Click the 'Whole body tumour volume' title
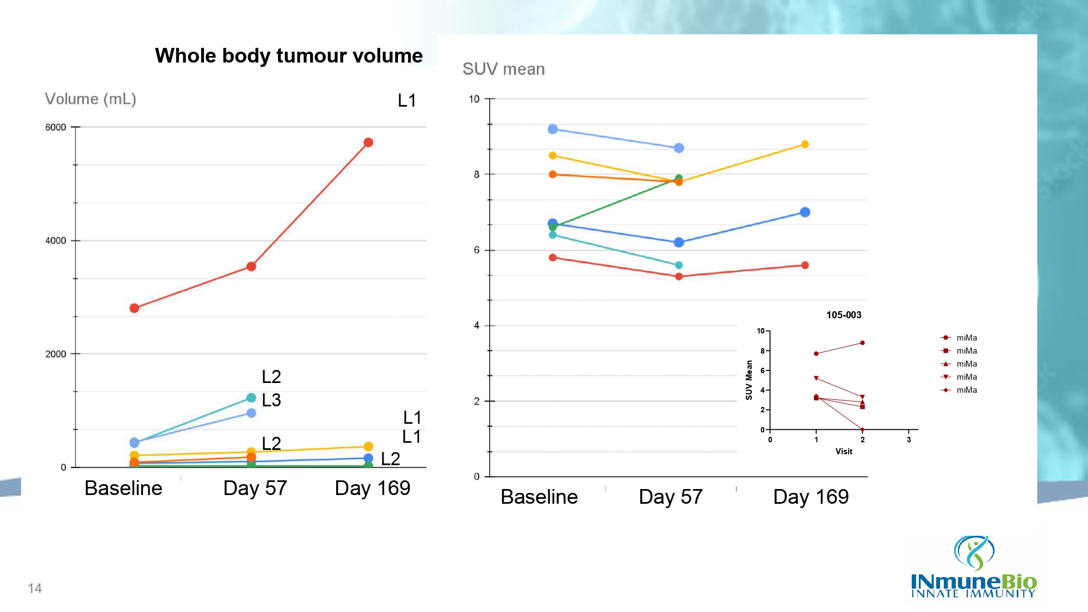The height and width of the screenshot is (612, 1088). click(288, 55)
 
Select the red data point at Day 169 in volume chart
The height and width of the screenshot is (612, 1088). click(368, 143)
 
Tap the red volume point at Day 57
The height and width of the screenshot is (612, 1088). click(251, 267)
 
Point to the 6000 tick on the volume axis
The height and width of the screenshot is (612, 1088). click(55, 127)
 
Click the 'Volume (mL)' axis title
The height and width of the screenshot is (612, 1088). click(90, 99)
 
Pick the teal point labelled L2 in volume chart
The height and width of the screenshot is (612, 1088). click(251, 398)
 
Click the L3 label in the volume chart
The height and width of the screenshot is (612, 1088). click(271, 400)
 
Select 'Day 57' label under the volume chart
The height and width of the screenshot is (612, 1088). click(255, 488)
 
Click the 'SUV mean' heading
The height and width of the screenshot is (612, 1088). click(503, 69)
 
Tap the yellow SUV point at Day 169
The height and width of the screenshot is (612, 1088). click(805, 144)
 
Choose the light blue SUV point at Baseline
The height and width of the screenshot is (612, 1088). click(553, 129)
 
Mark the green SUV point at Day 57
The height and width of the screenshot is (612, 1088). click(679, 178)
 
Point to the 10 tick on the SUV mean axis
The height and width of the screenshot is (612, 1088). click(474, 99)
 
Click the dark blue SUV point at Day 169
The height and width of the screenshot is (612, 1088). click(805, 212)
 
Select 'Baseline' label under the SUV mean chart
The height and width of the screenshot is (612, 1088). click(539, 497)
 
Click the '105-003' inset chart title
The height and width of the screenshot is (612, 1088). click(844, 315)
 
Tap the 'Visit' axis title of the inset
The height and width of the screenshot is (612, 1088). click(844, 452)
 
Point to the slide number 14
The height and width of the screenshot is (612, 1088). click(35, 588)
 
